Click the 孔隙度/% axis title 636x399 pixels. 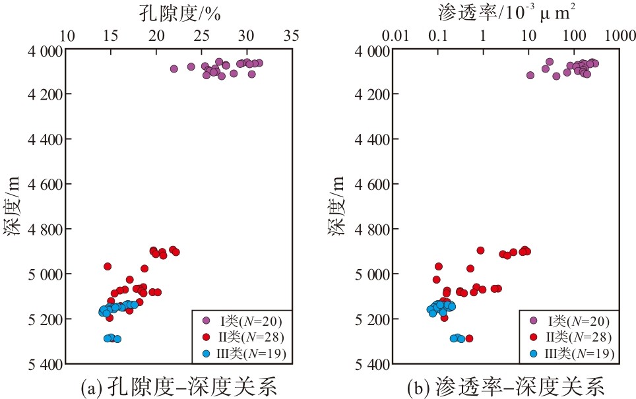point(179,13)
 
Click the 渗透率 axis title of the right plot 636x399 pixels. point(506,13)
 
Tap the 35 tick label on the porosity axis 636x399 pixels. point(291,36)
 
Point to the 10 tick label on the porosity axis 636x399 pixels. point(67,36)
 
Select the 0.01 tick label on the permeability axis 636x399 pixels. point(395,36)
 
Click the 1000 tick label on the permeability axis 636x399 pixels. point(620,36)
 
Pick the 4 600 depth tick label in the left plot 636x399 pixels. point(45,185)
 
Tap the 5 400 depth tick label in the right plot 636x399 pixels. point(372,365)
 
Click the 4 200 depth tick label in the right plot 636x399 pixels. point(372,94)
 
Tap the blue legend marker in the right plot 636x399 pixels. point(534,353)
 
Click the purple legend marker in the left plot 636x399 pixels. point(206,321)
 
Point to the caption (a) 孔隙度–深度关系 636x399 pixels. point(179,386)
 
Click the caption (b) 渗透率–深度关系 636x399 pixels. point(506,386)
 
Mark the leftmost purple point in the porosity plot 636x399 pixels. point(174,69)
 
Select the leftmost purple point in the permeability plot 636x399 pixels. point(530,75)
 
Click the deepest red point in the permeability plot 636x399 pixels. point(469,338)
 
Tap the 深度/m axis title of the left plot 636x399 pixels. point(12,206)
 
